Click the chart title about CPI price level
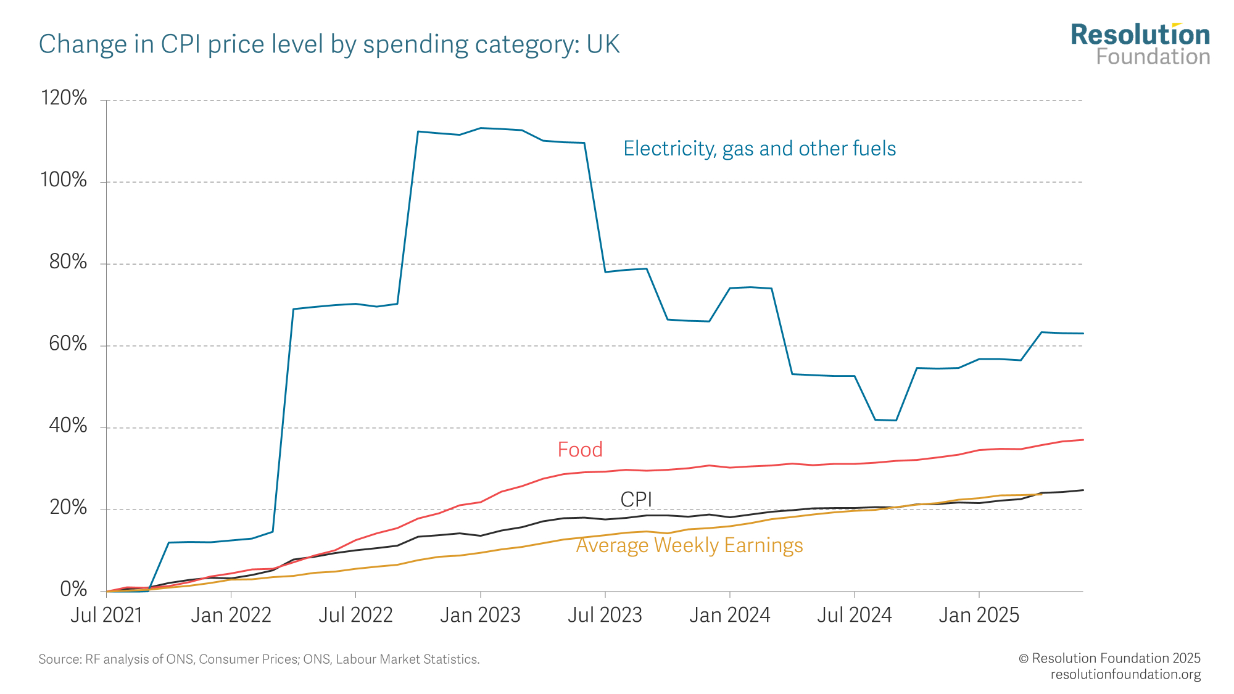[329, 44]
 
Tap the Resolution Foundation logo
[1140, 44]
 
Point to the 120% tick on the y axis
[64, 98]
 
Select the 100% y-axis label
[64, 180]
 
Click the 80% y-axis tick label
[68, 262]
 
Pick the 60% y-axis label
[68, 344]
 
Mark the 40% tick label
[68, 426]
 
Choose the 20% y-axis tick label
[68, 508]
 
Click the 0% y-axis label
[73, 589]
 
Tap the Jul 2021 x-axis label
[106, 615]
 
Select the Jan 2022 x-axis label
[231, 615]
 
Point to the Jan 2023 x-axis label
[481, 615]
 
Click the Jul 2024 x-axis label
[855, 615]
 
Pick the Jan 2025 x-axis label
[979, 615]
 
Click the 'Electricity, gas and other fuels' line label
[760, 149]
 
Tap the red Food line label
[580, 450]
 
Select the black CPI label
[636, 499]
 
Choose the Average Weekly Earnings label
[690, 545]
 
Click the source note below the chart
[259, 659]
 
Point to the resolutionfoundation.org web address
[1125, 674]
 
